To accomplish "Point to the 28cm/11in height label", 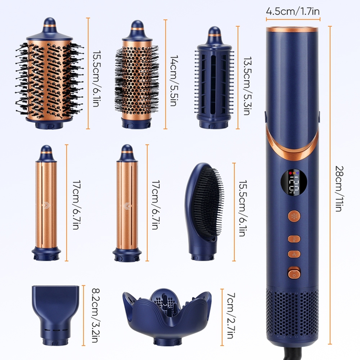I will (339, 185).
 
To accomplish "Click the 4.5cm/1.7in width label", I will (293, 10).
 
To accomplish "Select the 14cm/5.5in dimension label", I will (174, 74).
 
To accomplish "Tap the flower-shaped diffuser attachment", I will (167, 312).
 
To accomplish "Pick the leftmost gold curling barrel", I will (47, 202).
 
